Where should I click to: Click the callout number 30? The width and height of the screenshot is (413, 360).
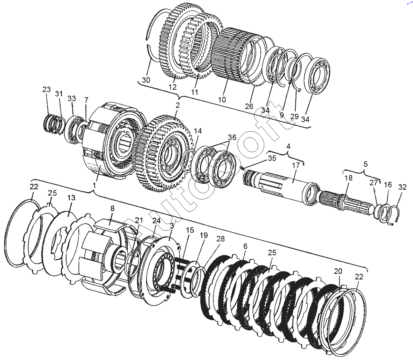[x=146, y=80]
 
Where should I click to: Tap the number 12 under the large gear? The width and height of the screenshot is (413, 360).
[x=172, y=87]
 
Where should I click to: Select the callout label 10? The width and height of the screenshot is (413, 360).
[x=222, y=100]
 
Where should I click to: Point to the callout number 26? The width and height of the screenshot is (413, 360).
[x=249, y=106]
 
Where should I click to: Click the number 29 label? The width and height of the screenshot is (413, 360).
[x=294, y=116]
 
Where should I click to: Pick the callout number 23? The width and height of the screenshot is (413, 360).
[x=46, y=89]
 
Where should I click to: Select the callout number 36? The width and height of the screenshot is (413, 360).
[x=232, y=137]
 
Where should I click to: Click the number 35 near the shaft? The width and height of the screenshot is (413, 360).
[x=272, y=159]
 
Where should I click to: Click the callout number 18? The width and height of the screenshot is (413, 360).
[x=348, y=178]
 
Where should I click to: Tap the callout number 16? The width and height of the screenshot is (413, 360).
[x=388, y=185]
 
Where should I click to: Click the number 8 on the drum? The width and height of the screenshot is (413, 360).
[x=112, y=208]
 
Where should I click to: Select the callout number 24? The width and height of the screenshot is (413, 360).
[x=156, y=221]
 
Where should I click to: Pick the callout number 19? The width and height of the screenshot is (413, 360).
[x=204, y=235]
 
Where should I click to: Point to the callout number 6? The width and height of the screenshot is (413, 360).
[x=245, y=246]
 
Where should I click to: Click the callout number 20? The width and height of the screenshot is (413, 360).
[x=338, y=271]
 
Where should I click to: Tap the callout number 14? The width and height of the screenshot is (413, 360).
[x=198, y=131]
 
